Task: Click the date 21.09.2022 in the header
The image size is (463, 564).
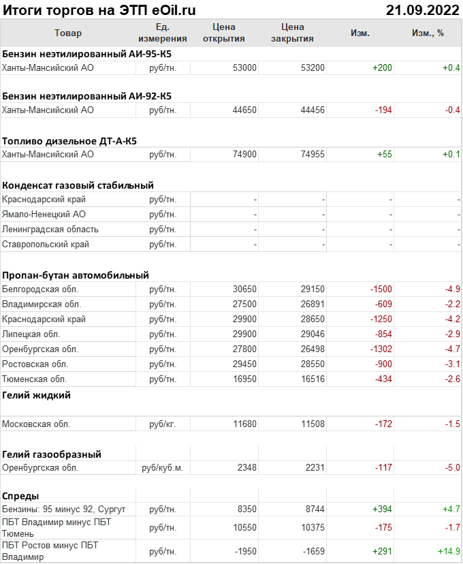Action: coord(422,10)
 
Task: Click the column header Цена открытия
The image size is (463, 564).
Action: coord(224,33)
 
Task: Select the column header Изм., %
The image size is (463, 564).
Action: coord(428,33)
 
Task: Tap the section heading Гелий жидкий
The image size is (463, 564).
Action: coord(37,395)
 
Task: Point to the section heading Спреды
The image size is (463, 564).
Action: coord(20,495)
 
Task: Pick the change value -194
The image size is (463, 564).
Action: coord(383,110)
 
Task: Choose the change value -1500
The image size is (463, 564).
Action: coord(381,289)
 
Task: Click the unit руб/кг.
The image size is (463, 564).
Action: coord(163,424)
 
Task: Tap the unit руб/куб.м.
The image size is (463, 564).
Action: coord(163,468)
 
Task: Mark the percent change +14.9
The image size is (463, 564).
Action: coord(449,551)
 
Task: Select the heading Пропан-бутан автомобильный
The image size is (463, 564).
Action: coord(76,275)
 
